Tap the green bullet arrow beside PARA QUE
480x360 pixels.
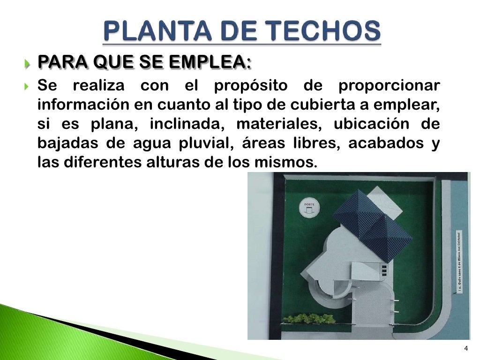pos(28,63)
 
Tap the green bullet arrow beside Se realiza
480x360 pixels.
pos(28,87)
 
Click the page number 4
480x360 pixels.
pos(465,348)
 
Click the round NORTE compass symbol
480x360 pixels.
pos(308,208)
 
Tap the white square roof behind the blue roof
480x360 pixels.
pos(384,202)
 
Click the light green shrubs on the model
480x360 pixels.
pos(309,319)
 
